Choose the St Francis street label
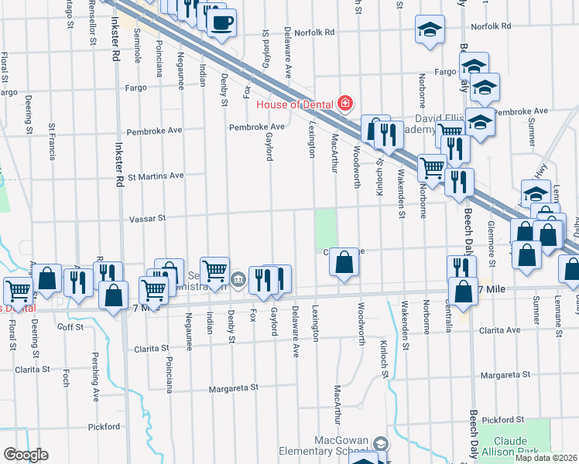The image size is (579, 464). coord(53,142)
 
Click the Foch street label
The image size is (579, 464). coord(66,376)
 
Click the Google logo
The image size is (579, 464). coord(26,454)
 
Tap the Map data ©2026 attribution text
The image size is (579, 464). coord(546,458)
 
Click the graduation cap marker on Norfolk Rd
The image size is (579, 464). coord(430,30)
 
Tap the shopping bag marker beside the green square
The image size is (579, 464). coord(344,263)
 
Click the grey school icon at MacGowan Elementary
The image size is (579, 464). coord(380,444)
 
